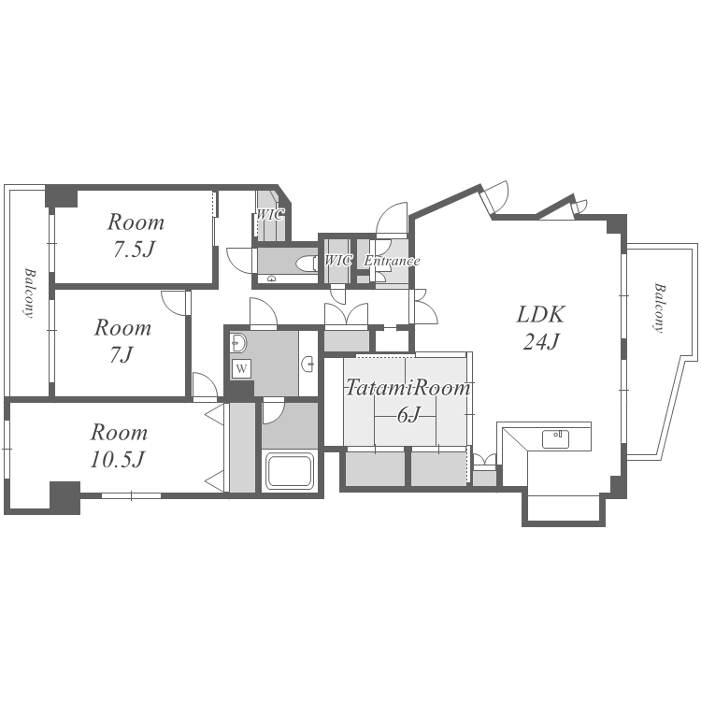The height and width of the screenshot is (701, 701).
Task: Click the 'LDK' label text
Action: tap(541, 314)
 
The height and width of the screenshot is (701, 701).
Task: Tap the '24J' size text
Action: tap(541, 342)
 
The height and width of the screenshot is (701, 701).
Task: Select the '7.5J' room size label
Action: tap(134, 250)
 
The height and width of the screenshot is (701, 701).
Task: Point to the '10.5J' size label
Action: tap(118, 459)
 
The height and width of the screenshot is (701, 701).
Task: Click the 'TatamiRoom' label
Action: tap(408, 388)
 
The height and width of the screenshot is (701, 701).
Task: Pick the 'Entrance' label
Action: tap(392, 261)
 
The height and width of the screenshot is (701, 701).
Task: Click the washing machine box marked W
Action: tap(241, 369)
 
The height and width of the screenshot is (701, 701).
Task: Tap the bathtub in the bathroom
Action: tap(290, 471)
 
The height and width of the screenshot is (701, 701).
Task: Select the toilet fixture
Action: tap(307, 263)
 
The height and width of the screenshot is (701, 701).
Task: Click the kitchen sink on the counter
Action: tap(556, 439)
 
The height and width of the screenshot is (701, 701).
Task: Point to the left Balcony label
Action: tap(30, 293)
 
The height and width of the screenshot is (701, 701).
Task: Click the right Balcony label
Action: tap(659, 308)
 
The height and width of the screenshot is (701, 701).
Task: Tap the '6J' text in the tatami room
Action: tap(408, 415)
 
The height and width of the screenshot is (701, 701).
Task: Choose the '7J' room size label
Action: tap(122, 355)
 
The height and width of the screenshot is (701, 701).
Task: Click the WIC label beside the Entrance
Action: tap(338, 260)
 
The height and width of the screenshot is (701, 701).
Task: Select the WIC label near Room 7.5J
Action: tap(269, 215)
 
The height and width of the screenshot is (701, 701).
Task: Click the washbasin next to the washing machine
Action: tap(238, 343)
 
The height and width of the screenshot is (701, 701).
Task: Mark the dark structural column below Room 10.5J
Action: tap(64, 497)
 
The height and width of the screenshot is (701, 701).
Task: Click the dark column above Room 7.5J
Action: tap(62, 196)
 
